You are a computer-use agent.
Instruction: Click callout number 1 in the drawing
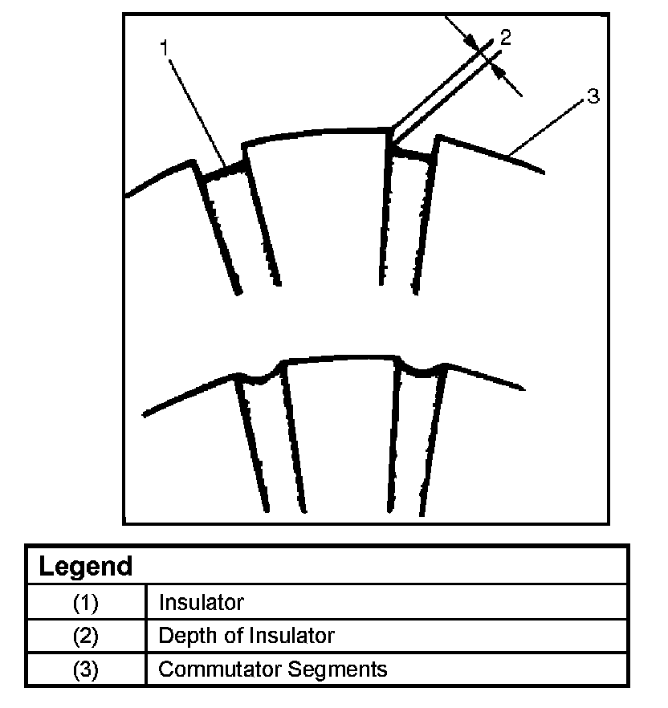[164, 47]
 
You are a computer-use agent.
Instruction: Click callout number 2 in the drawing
[505, 36]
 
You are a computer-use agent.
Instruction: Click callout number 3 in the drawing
[592, 97]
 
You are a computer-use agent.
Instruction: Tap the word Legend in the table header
[85, 567]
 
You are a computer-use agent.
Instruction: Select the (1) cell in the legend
[85, 602]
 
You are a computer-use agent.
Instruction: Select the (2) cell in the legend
[85, 637]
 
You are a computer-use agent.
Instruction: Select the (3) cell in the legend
[85, 669]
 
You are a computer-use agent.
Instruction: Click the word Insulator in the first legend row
[201, 602]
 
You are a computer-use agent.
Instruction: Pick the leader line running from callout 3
[546, 125]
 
